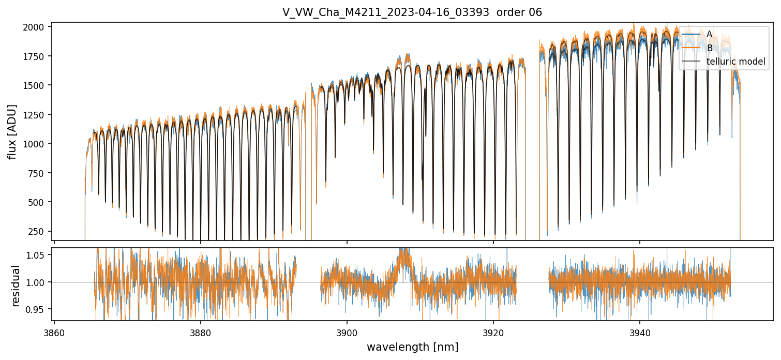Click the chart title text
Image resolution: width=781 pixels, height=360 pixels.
(412, 12)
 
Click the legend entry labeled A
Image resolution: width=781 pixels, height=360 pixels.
(709, 34)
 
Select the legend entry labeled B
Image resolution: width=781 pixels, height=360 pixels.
(709, 48)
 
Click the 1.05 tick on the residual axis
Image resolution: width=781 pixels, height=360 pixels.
(38, 255)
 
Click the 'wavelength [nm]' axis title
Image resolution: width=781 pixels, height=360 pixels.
(412, 347)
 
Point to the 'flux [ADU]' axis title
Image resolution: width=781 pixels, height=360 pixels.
(12, 131)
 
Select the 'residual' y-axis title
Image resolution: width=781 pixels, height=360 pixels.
(16, 286)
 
